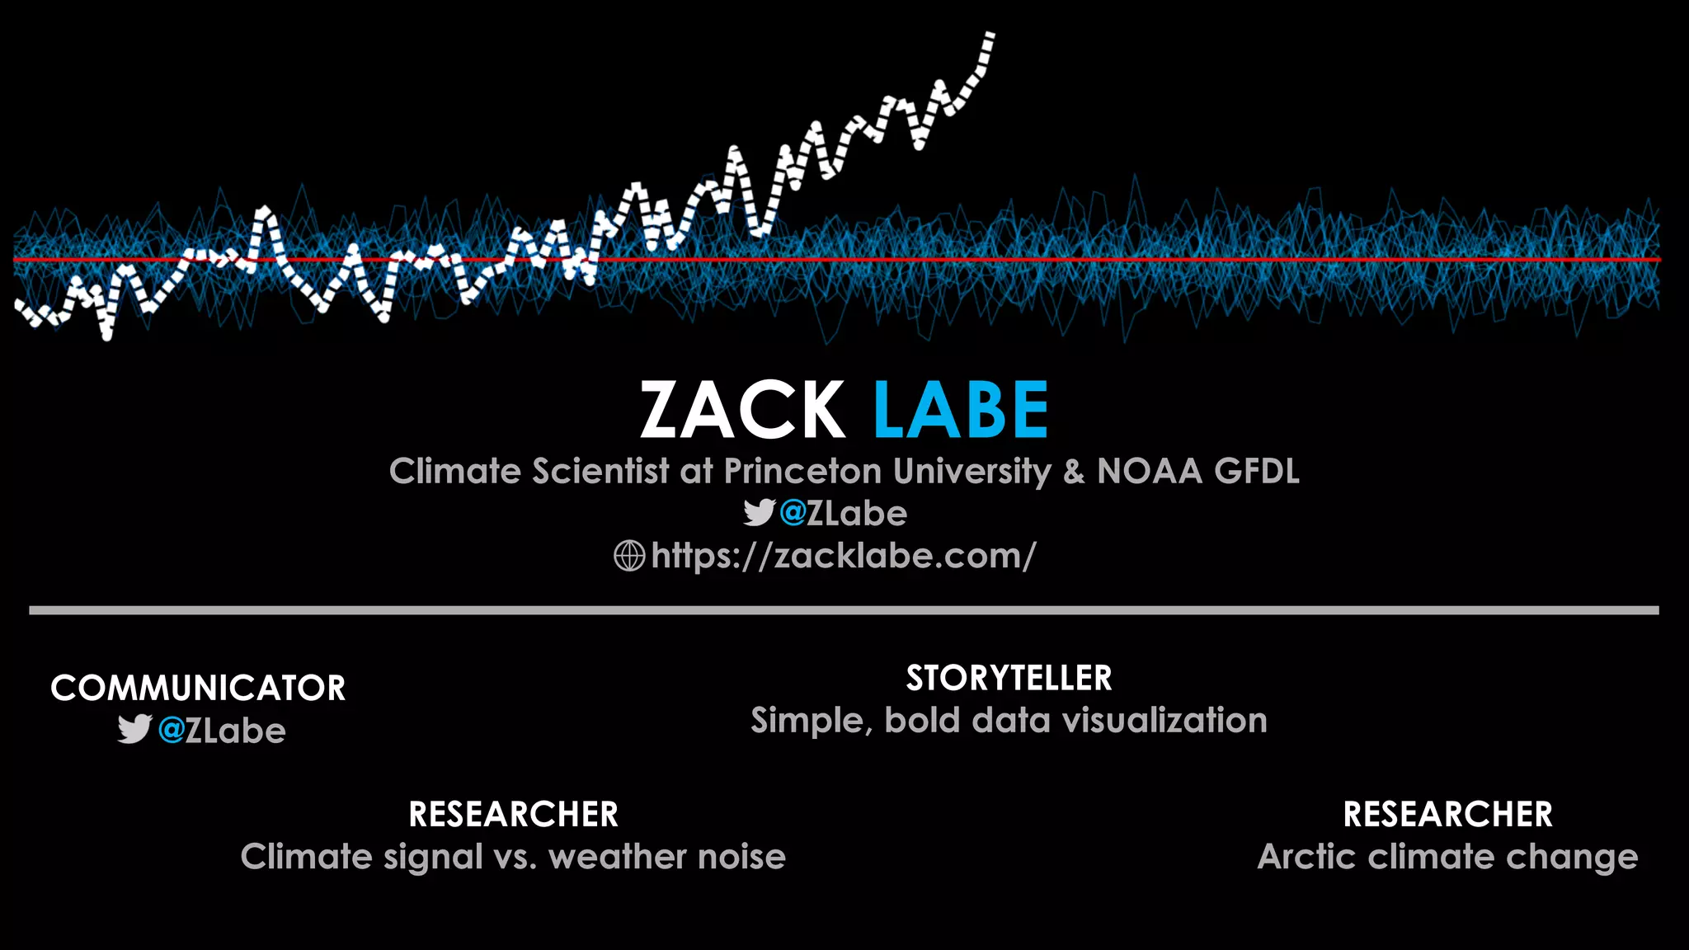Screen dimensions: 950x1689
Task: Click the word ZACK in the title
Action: click(x=742, y=410)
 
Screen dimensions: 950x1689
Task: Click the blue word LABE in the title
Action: click(x=961, y=410)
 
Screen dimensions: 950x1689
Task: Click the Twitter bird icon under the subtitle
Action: click(x=759, y=513)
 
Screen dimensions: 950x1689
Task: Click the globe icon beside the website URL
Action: click(x=629, y=556)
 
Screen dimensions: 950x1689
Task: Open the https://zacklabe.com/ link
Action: click(x=843, y=556)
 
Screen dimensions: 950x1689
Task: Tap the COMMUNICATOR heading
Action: click(x=198, y=689)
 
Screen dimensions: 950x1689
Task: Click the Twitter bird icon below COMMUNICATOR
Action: click(x=134, y=730)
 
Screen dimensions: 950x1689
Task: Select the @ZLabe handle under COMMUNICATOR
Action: click(x=222, y=731)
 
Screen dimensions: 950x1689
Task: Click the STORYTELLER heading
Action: click(x=1009, y=679)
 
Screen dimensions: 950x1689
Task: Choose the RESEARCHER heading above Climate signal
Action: click(x=513, y=815)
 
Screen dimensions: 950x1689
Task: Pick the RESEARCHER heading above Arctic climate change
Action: click(x=1447, y=815)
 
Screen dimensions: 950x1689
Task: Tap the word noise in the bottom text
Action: click(x=741, y=857)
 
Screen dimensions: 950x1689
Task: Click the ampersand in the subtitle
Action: click(x=1074, y=472)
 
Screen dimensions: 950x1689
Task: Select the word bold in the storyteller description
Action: click(x=923, y=721)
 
